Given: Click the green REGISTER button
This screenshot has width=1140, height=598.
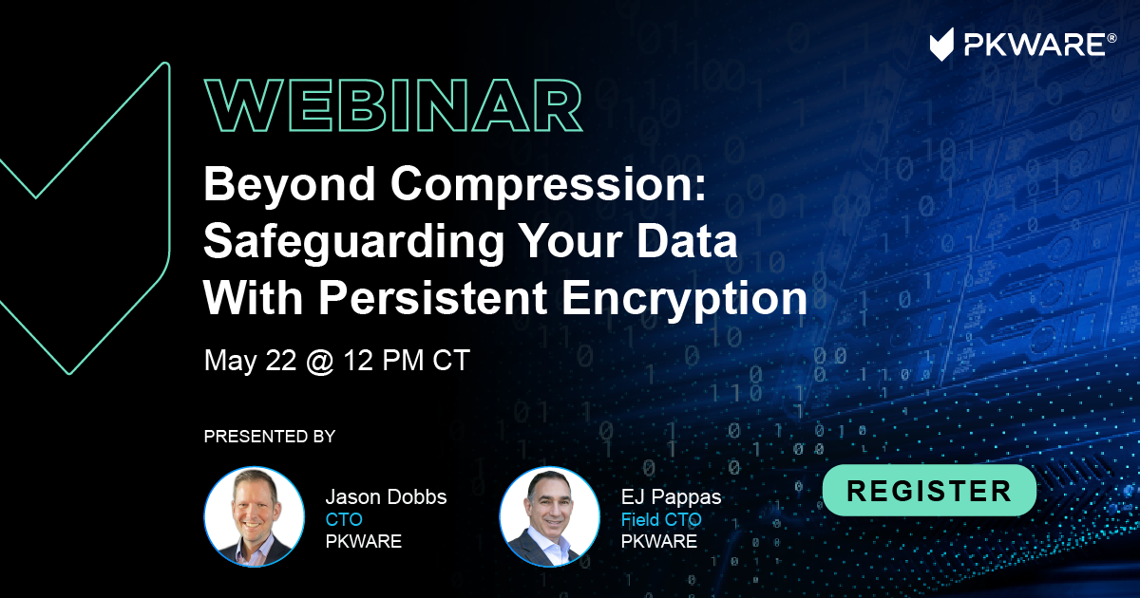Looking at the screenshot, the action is pyautogui.click(x=929, y=490).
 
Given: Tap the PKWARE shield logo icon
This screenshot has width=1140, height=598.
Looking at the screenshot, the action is pyautogui.click(x=941, y=45).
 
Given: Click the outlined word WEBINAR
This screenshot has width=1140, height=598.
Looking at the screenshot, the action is pyautogui.click(x=393, y=105).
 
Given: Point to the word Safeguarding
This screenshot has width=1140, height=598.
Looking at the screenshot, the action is pyautogui.click(x=353, y=242).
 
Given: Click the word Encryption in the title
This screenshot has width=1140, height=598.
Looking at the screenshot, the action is pyautogui.click(x=685, y=299).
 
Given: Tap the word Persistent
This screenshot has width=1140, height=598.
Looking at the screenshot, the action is pyautogui.click(x=433, y=298).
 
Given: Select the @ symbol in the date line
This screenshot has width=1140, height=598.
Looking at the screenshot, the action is pyautogui.click(x=320, y=361).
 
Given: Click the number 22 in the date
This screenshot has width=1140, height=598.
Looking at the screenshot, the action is pyautogui.click(x=281, y=360).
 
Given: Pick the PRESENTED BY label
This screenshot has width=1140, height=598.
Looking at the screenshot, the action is pyautogui.click(x=270, y=437).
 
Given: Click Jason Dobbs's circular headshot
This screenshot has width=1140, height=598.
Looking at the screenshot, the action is pyautogui.click(x=255, y=516).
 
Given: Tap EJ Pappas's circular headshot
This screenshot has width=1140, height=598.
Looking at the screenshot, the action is pyautogui.click(x=550, y=516).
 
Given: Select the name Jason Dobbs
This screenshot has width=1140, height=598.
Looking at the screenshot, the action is pyautogui.click(x=387, y=496).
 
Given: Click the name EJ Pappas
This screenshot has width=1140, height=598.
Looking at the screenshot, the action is pyautogui.click(x=672, y=497).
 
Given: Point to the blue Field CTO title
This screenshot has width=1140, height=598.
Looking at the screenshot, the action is pyautogui.click(x=661, y=520).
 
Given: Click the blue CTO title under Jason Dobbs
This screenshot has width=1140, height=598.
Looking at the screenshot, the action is pyautogui.click(x=344, y=520).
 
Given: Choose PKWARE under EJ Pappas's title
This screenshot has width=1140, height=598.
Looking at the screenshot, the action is pyautogui.click(x=659, y=542).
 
